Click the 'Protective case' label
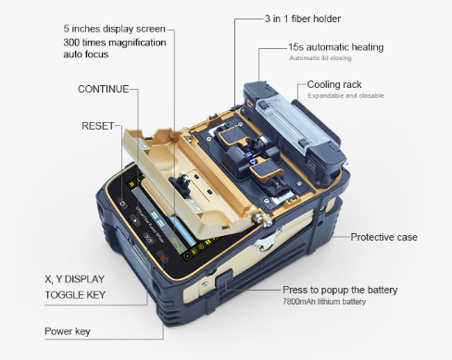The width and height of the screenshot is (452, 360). tap(383, 237)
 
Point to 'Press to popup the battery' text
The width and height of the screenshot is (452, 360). tap(339, 290)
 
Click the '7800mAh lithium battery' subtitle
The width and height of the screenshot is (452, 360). tap(323, 303)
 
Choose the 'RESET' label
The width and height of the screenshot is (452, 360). tap(97, 124)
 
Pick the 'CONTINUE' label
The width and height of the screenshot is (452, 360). tap(103, 90)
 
